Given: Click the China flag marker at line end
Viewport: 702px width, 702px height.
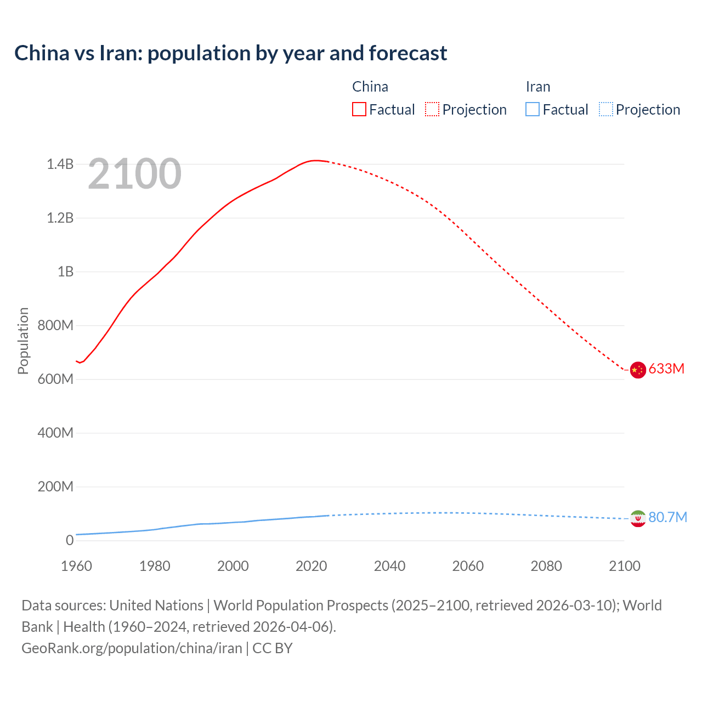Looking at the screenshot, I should click(637, 371).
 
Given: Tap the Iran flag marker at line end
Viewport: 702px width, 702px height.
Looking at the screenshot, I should click(637, 518).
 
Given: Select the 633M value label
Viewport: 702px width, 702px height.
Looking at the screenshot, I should click(666, 369).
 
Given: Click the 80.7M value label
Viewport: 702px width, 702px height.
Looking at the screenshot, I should click(667, 517).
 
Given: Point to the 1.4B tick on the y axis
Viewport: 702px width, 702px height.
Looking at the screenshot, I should click(60, 164).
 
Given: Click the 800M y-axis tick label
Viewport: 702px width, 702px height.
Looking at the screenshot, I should click(55, 325).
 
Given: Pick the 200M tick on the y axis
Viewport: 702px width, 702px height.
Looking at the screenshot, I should click(55, 486).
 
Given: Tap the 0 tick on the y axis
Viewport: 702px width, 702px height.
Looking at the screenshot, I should click(70, 540).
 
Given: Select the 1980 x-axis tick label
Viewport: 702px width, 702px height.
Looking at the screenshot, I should click(155, 566).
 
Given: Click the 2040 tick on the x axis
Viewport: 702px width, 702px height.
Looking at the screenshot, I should click(389, 566).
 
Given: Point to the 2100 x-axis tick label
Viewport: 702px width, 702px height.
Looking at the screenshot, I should click(624, 566).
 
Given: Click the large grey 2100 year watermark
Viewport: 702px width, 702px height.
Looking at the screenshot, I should click(134, 174).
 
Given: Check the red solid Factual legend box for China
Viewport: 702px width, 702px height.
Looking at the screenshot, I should click(359, 109).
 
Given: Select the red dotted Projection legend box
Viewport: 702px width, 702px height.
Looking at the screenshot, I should click(432, 109).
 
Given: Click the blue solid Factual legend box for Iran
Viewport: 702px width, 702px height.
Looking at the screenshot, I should click(532, 109).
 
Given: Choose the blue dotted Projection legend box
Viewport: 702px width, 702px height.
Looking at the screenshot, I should click(605, 109).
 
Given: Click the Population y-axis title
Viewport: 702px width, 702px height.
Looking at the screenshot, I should click(23, 341).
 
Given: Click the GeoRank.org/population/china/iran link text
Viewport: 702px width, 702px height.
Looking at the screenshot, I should click(132, 648).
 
